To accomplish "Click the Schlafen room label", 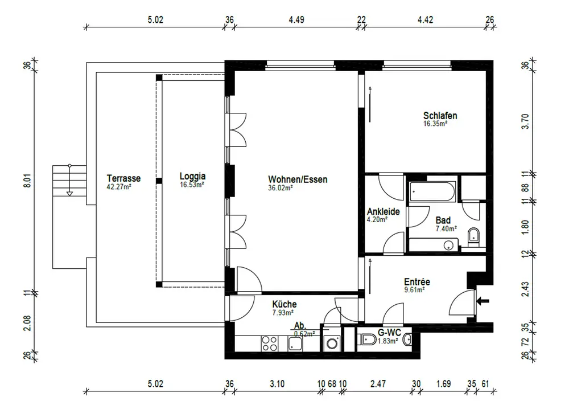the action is click(x=440, y=116).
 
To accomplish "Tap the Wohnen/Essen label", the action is click(x=298, y=179).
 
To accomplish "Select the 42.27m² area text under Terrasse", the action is click(x=119, y=187).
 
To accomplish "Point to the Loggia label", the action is click(x=193, y=176).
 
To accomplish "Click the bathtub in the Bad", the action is click(x=432, y=191).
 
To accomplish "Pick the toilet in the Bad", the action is click(x=473, y=236).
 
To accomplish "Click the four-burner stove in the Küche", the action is click(x=270, y=343).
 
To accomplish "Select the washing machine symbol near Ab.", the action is click(x=332, y=343).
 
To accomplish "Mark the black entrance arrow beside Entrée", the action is click(x=483, y=301).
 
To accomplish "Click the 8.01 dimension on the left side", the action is click(x=27, y=181).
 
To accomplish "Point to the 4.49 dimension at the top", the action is click(x=296, y=19).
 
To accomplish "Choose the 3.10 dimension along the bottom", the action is click(x=277, y=383).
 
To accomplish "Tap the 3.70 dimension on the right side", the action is click(x=525, y=121).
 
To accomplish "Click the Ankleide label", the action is click(x=383, y=211).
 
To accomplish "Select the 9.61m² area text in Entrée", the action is click(x=414, y=289).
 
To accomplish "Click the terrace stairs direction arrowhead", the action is click(x=69, y=194).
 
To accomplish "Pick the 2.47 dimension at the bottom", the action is click(x=378, y=383).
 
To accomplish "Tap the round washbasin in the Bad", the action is click(x=448, y=245).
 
